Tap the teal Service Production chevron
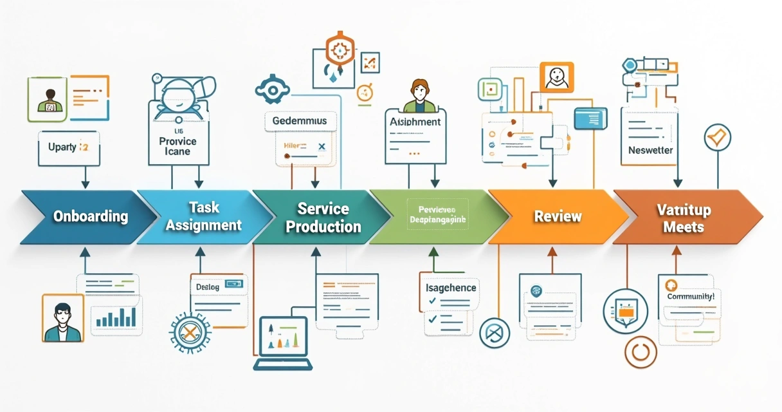(x=322, y=217)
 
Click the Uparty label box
(x=68, y=147)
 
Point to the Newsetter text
(x=650, y=150)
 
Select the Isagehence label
(x=451, y=288)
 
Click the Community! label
(x=690, y=297)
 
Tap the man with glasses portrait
(x=63, y=318)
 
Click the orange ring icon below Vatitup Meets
(x=641, y=352)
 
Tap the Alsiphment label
(x=415, y=121)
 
